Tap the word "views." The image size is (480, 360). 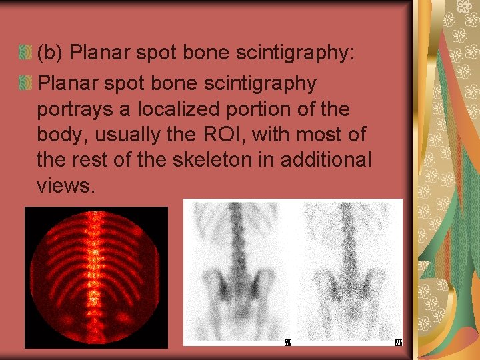tap(67, 187)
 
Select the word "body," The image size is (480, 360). tap(63, 135)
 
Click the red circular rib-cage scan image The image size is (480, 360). tap(97, 277)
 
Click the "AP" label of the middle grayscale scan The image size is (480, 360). tap(287, 342)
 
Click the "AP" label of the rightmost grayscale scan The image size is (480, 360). tap(398, 342)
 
